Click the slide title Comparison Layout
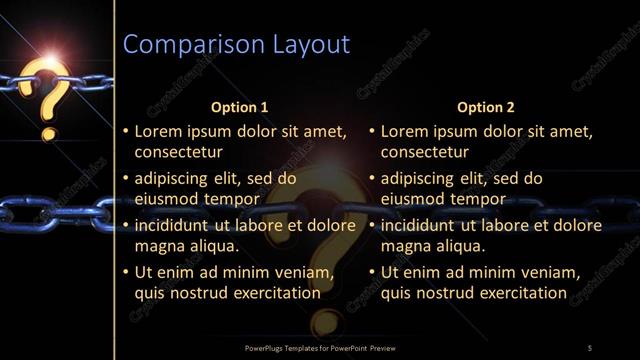[x=235, y=44]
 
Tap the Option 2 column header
[x=485, y=106]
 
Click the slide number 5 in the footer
[x=590, y=347]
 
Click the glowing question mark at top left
[x=49, y=95]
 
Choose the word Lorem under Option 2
[x=404, y=132]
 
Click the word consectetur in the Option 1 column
[x=178, y=153]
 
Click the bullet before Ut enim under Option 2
[x=372, y=272]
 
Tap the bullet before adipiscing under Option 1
[x=125, y=179]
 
